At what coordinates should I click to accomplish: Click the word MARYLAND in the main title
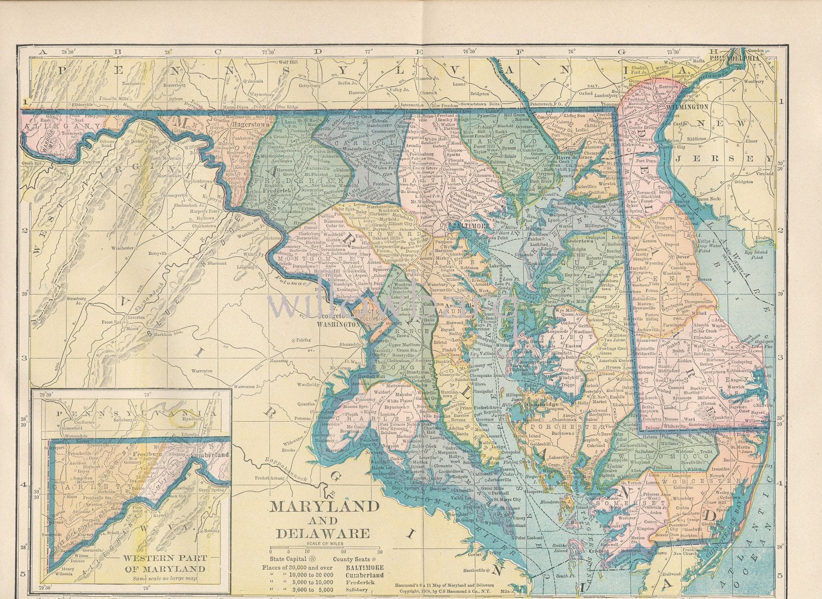[324, 506]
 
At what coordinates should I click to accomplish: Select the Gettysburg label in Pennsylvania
[307, 86]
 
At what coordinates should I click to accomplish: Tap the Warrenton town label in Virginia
[202, 371]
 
